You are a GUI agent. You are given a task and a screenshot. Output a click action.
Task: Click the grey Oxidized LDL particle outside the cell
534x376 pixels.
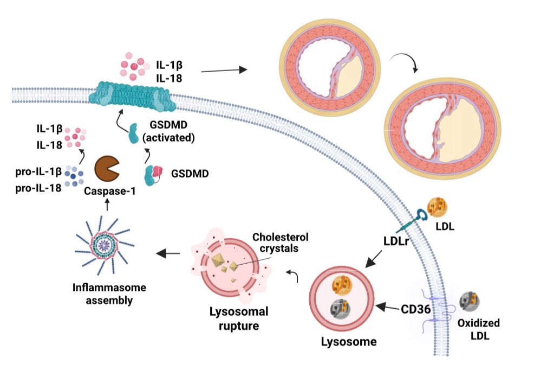click(x=468, y=301)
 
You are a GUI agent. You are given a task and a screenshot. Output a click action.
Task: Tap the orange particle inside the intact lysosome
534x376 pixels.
click(x=340, y=286)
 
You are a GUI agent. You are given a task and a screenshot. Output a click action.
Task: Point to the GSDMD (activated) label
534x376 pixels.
click(x=168, y=131)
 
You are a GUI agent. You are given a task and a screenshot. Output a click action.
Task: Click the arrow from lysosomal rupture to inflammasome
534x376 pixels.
click(x=169, y=253)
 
